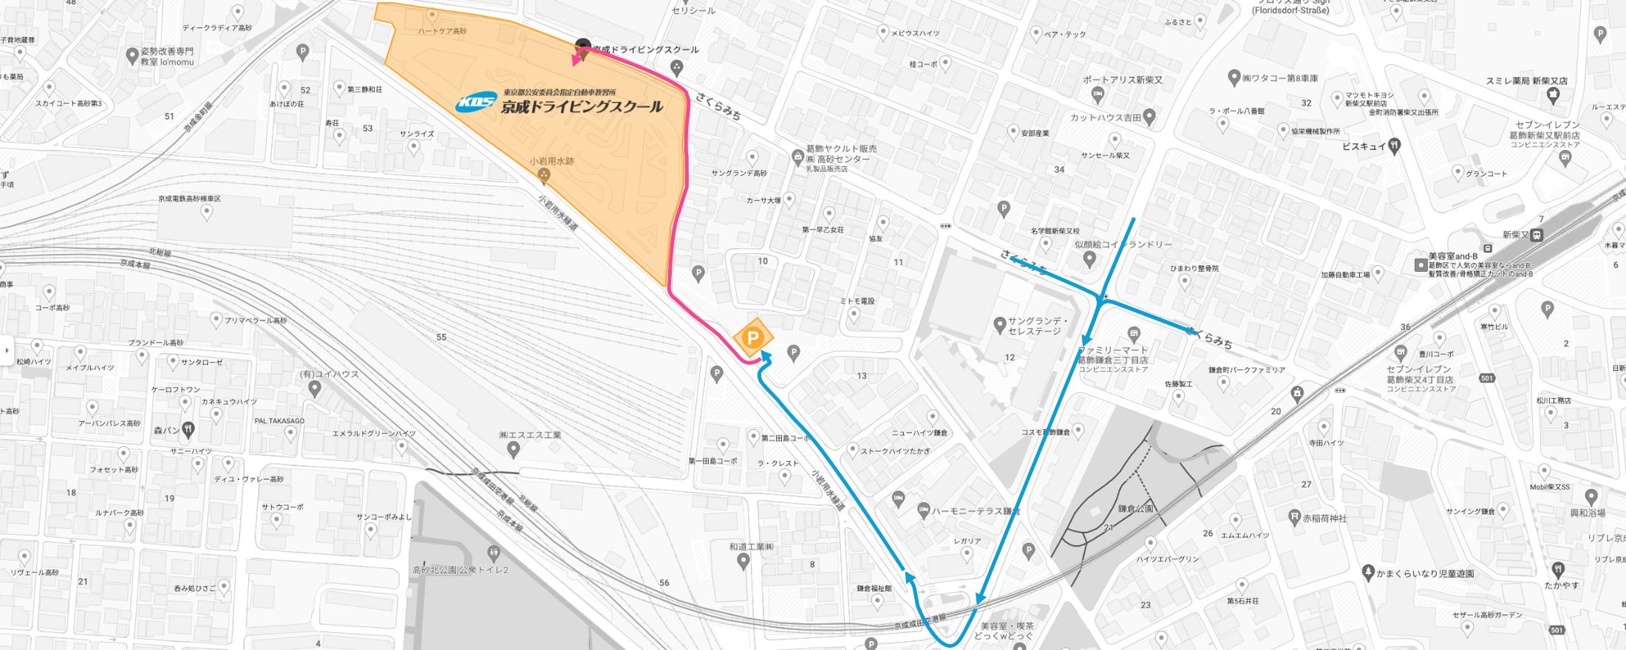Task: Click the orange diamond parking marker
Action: point(752,338)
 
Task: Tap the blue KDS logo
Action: point(475,103)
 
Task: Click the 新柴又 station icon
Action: point(1537,236)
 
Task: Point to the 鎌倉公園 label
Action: point(1135,509)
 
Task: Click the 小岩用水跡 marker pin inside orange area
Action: point(544,175)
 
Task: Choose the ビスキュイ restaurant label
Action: point(1364,146)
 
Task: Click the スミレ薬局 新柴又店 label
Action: point(1526,81)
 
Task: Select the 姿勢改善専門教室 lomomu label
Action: point(167,56)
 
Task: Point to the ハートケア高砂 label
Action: point(442,31)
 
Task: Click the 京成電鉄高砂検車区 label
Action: point(189,199)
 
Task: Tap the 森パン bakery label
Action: point(166,430)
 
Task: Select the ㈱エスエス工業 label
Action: point(530,435)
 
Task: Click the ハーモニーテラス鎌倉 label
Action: point(976,511)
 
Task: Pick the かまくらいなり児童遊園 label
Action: point(1425,573)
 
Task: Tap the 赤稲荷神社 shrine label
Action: point(1324,519)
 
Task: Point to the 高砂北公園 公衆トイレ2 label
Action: point(460,569)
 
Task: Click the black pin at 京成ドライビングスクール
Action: point(583,47)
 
